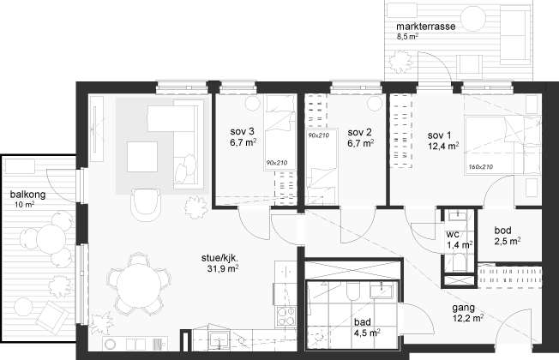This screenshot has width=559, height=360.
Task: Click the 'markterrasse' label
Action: tap(425, 27)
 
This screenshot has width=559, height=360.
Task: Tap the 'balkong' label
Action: tap(27, 195)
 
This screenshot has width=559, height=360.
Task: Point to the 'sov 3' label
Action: tap(242, 131)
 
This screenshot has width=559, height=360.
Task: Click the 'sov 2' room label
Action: tap(359, 132)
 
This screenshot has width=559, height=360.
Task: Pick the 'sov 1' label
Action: tap(439, 135)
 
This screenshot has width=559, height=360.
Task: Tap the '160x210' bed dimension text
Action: tap(480, 166)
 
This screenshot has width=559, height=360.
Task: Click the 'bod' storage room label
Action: tap(502, 231)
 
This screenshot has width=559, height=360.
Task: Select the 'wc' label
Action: tap(453, 235)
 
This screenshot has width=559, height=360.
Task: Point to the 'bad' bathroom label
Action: tap(362, 322)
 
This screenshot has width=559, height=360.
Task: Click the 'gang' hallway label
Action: tap(464, 308)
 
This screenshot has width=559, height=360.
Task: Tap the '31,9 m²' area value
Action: tap(223, 268)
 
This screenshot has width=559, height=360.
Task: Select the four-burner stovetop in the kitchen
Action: tap(286, 316)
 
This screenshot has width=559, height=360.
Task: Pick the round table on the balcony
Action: tap(51, 239)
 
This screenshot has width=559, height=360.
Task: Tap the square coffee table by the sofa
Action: tap(142, 157)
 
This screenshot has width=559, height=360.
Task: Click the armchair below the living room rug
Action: tap(145, 203)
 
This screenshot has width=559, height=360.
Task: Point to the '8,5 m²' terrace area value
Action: tap(407, 36)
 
